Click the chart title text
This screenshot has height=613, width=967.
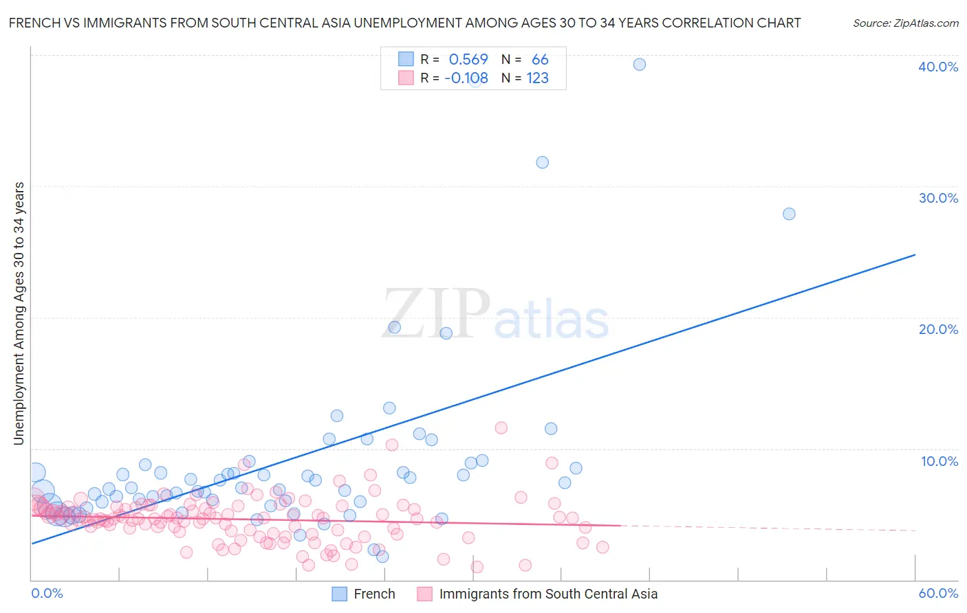click(x=404, y=23)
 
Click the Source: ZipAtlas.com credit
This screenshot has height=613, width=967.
click(x=905, y=23)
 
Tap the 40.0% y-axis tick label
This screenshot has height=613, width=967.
click(x=938, y=67)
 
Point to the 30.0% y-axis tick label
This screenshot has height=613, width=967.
click(x=938, y=198)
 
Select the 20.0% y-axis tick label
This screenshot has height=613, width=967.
click(x=938, y=329)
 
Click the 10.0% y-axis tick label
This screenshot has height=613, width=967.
click(x=939, y=461)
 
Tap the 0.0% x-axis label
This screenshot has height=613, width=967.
click(x=47, y=593)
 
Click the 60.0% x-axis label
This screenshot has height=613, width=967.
click(x=938, y=593)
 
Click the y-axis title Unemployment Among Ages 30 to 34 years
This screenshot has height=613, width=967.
click(x=19, y=313)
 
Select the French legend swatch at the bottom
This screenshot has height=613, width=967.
click(x=339, y=594)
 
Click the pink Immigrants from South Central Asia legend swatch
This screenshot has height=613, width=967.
click(x=424, y=594)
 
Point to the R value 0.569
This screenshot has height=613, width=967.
click(x=468, y=60)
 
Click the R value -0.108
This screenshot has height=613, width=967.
click(x=466, y=78)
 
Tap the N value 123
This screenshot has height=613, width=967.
click(x=538, y=78)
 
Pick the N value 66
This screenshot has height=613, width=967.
click(x=540, y=60)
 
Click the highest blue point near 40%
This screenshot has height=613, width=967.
click(x=640, y=65)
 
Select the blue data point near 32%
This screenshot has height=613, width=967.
click(x=543, y=163)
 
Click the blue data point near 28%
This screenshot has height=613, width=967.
click(x=789, y=214)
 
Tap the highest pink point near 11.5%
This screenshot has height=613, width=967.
click(x=501, y=428)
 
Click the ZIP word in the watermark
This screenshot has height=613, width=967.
click(x=436, y=314)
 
